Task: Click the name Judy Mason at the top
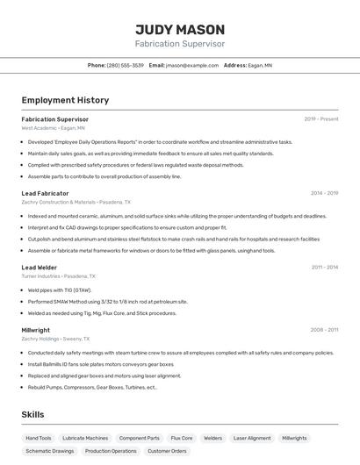180,29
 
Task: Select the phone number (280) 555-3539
126,65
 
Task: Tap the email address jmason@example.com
191,65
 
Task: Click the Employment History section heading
65,101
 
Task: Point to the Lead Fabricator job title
45,193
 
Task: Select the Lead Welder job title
40,267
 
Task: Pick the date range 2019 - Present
321,119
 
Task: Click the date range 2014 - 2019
324,193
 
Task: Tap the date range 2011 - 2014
324,267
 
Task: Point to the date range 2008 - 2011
324,330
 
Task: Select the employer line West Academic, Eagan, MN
53,128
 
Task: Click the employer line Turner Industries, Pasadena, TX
59,275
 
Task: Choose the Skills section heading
32,414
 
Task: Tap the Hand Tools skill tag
39,438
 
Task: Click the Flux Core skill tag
182,438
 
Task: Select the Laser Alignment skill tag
252,438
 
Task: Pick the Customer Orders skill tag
167,451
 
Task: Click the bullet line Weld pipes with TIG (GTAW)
59,290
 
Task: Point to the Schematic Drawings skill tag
50,451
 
